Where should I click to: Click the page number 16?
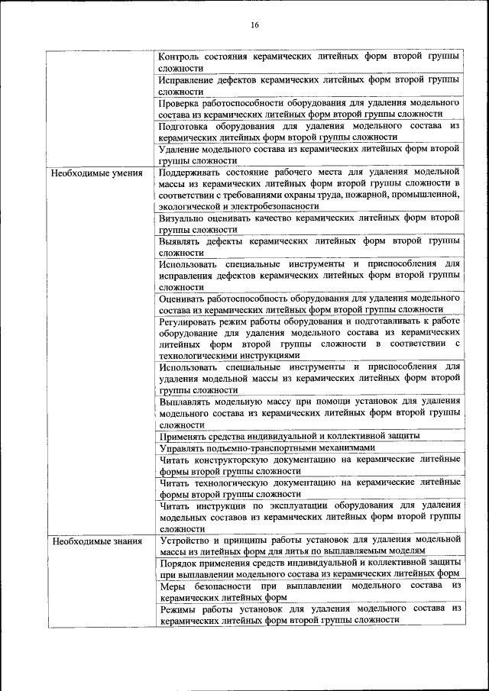pyautogui.click(x=254, y=26)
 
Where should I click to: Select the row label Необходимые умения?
pyautogui.click(x=96, y=173)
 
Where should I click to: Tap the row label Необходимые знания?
pyautogui.click(x=96, y=541)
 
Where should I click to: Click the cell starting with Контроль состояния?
pyautogui.click(x=309, y=62)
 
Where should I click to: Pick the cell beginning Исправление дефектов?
pyautogui.click(x=309, y=85)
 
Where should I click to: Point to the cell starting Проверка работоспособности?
pyautogui.click(x=309, y=108)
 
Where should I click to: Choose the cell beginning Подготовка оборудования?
pyautogui.click(x=309, y=131)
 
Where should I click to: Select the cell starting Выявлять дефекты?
pyautogui.click(x=309, y=246)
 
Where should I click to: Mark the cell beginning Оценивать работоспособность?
pyautogui.click(x=309, y=303)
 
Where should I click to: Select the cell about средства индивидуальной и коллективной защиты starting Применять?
pyautogui.click(x=290, y=436)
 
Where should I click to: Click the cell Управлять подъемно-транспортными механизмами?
pyautogui.click(x=268, y=447)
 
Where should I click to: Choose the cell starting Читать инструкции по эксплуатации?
pyautogui.click(x=309, y=516)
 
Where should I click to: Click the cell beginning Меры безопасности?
pyautogui.click(x=309, y=591)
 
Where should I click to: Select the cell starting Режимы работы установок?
pyautogui.click(x=309, y=614)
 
